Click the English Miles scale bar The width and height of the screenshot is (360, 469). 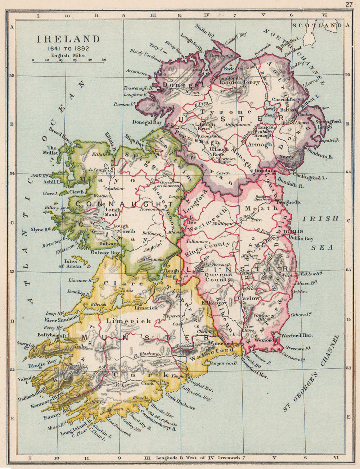(x=68, y=62)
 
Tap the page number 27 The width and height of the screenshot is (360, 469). (x=348, y=4)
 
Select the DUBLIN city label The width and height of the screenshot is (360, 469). (x=293, y=231)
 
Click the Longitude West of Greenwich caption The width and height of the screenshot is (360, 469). (x=200, y=458)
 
